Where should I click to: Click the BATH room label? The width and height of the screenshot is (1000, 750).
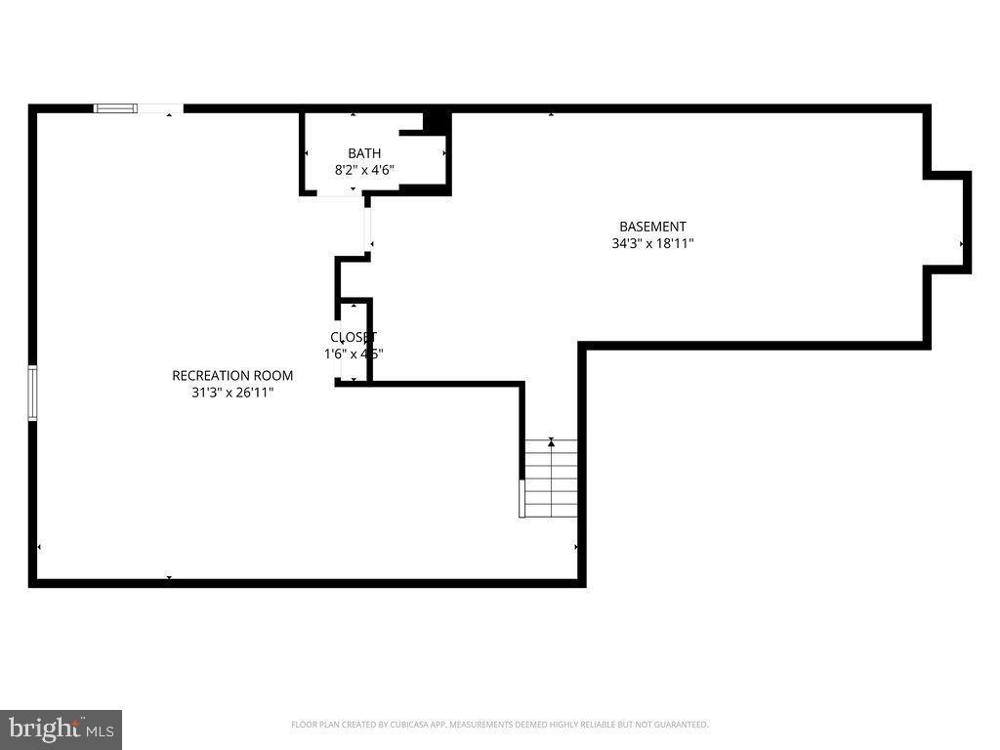click(364, 153)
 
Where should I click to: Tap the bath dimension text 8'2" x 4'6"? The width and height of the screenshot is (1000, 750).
click(364, 170)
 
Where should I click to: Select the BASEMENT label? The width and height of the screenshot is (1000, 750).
click(652, 227)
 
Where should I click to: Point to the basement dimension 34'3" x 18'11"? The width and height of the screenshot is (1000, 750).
click(652, 244)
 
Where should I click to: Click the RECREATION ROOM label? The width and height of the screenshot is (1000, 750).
click(232, 375)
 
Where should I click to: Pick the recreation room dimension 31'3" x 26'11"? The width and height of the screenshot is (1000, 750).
click(232, 393)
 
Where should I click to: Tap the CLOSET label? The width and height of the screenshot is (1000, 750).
click(354, 337)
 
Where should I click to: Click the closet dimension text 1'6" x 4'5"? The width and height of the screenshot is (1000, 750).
click(354, 354)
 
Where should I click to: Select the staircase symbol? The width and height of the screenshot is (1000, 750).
click(551, 479)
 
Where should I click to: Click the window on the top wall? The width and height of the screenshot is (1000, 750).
click(115, 108)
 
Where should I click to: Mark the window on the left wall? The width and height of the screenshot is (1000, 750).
click(32, 393)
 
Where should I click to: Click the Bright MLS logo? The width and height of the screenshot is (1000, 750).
click(61, 729)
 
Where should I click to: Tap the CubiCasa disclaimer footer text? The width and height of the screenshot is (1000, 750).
click(499, 725)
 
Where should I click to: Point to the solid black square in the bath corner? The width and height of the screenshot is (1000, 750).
click(436, 121)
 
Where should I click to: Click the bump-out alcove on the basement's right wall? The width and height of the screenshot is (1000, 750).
click(948, 223)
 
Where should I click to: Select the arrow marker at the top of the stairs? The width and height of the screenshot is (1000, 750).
click(551, 442)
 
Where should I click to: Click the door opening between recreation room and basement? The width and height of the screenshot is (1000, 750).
click(368, 227)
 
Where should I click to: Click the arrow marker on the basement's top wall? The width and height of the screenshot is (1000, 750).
click(551, 114)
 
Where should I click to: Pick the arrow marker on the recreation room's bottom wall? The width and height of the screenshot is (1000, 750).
click(169, 578)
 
